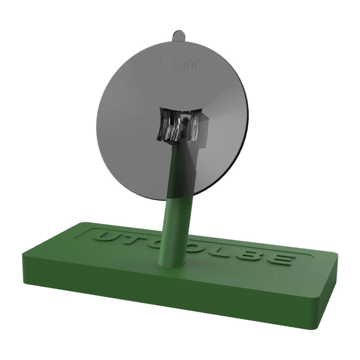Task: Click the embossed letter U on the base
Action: tap(104, 237)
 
